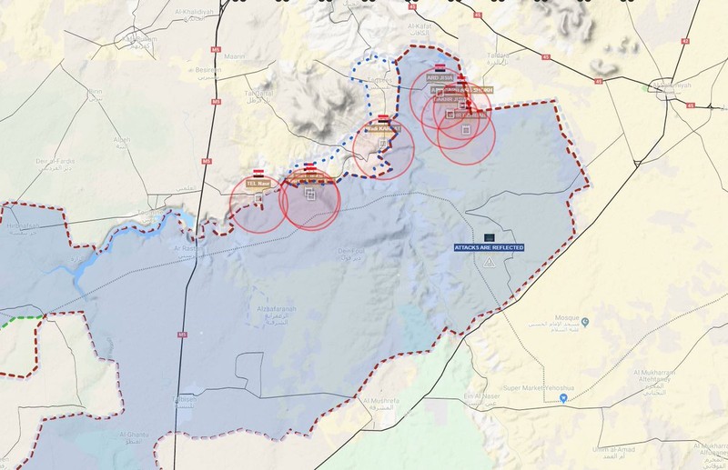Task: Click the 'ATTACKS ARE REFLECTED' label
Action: click(x=490, y=246)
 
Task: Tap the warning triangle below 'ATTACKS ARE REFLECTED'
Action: click(x=489, y=262)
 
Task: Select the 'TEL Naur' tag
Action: click(x=258, y=183)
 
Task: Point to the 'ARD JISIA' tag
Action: click(x=439, y=78)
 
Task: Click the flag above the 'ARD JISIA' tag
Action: click(x=440, y=68)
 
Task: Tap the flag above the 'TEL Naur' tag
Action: click(x=258, y=172)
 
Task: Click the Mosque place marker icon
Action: click(x=585, y=320)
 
